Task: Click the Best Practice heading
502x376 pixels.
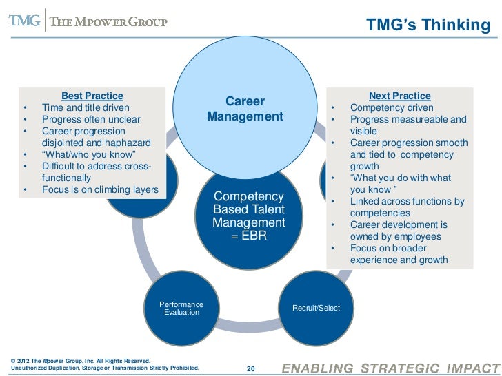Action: (x=92, y=96)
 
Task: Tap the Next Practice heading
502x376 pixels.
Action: (x=399, y=96)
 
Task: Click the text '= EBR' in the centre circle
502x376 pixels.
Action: (x=248, y=236)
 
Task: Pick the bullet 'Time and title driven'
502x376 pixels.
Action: (x=86, y=107)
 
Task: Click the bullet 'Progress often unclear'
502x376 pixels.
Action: (x=91, y=120)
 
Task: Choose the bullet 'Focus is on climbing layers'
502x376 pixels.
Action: (x=100, y=189)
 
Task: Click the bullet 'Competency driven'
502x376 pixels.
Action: (x=392, y=108)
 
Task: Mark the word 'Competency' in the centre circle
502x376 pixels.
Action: (x=248, y=197)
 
